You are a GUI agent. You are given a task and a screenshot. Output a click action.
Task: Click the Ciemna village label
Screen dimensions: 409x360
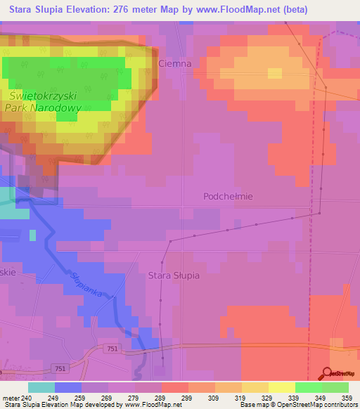(175, 63)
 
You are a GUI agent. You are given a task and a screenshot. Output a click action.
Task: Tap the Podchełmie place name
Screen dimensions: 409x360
(227, 197)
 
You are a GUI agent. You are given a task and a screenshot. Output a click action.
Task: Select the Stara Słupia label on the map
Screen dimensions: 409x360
(174, 275)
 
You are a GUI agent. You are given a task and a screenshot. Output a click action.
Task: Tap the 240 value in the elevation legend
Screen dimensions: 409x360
(26, 397)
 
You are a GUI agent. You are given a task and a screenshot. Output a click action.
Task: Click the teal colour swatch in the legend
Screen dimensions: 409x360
(41, 387)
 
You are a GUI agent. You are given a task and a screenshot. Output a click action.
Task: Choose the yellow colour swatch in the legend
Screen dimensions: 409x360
(281, 387)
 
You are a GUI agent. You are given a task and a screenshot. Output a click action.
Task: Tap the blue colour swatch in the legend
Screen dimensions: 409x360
(68, 387)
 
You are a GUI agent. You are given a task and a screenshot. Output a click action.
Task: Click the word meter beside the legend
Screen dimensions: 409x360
(10, 397)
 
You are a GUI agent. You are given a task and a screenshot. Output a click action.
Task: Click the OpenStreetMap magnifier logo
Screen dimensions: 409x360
(328, 374)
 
